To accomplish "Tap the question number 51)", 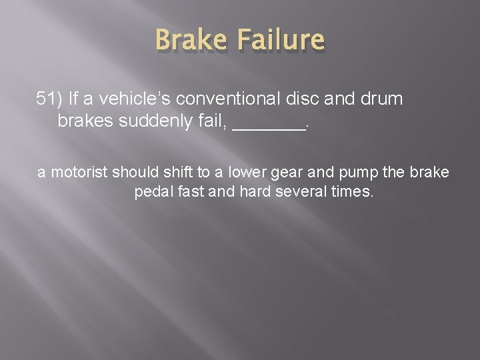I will point(51,100).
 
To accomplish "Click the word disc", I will point(307,100).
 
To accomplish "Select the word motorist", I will point(79,172).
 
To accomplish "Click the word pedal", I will point(153,193).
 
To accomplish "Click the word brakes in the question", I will point(87,123).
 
